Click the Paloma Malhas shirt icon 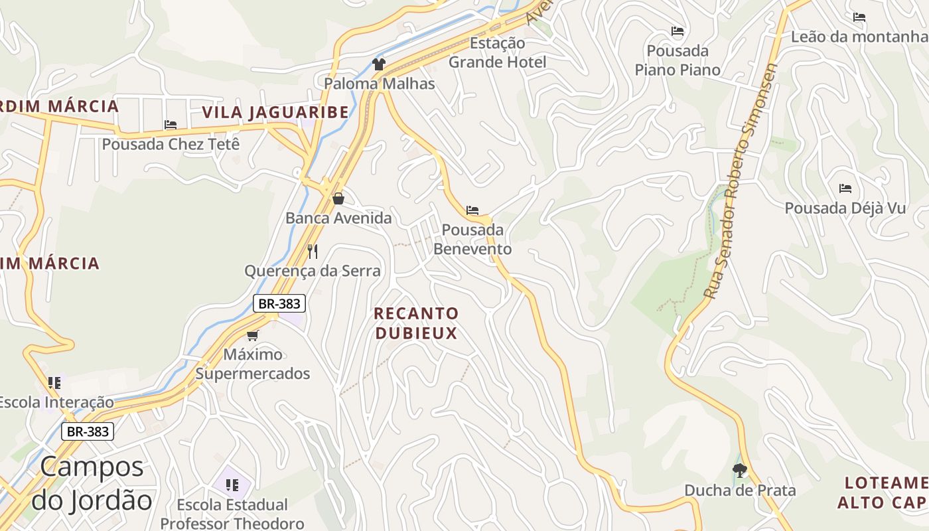(379, 64)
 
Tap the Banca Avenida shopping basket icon (338, 198)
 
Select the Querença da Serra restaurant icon (313, 251)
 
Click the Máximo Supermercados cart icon (252, 335)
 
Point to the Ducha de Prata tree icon (740, 471)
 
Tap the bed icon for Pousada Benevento (472, 210)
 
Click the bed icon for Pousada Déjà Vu (845, 189)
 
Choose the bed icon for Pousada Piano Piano (677, 31)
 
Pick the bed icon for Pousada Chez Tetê (171, 125)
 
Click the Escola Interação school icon (54, 382)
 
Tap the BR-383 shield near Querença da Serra (279, 304)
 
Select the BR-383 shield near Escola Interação (88, 431)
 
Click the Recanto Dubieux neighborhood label (416, 323)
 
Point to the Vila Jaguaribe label (275, 112)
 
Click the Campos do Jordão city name (92, 483)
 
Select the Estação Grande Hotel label (498, 52)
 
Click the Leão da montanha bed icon (859, 17)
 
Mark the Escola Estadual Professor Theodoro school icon (232, 485)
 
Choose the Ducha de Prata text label (740, 491)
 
